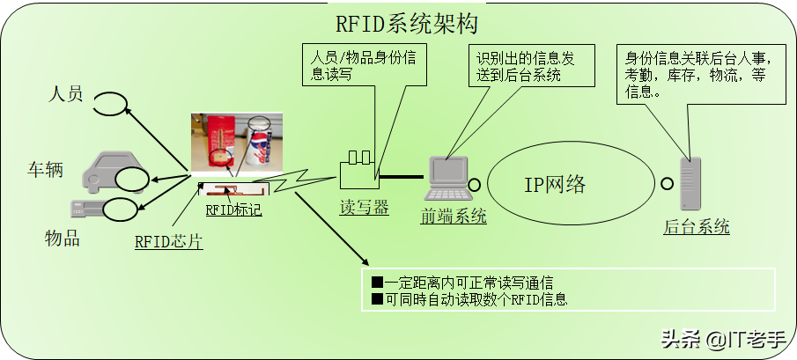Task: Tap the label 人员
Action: point(65,92)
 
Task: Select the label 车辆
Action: point(44,169)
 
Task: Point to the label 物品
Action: point(63,238)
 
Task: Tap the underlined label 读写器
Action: point(365,208)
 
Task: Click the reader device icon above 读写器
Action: point(358,168)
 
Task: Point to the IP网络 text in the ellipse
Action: point(555,185)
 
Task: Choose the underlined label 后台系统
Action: point(696,227)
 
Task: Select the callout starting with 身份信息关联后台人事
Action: point(696,75)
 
